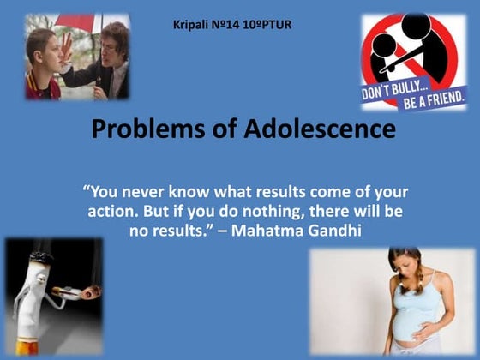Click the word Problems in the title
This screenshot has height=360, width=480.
[x=142, y=129]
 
